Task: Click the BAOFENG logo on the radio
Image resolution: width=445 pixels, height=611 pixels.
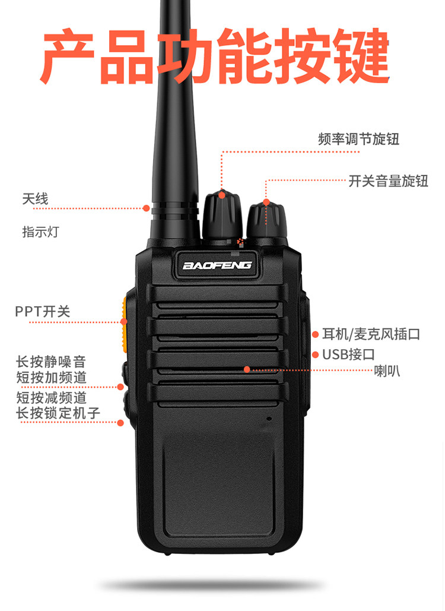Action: (217, 265)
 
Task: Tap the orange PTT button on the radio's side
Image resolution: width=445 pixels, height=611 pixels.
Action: (124, 325)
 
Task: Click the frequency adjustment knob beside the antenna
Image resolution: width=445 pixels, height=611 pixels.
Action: (221, 216)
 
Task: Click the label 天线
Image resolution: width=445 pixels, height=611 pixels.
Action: (35, 199)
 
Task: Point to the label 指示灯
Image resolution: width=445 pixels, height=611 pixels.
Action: (40, 232)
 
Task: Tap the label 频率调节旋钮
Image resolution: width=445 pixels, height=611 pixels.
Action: (358, 139)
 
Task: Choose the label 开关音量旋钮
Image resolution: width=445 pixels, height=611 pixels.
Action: (388, 181)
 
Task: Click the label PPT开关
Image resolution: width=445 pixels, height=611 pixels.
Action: (43, 311)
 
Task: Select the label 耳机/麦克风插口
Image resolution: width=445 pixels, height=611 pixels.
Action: (371, 334)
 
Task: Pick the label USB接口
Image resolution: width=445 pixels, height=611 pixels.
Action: (348, 354)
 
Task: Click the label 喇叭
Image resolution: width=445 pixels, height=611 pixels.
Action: (387, 371)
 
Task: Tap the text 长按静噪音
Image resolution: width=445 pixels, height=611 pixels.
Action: (50, 362)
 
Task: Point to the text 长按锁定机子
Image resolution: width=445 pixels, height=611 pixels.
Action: (58, 413)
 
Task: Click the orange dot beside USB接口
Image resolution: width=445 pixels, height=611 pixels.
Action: (315, 354)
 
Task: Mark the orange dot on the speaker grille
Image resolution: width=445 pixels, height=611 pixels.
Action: (247, 369)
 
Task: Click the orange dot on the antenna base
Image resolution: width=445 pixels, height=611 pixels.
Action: (147, 208)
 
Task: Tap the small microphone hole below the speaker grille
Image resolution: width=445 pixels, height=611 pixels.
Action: (269, 419)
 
